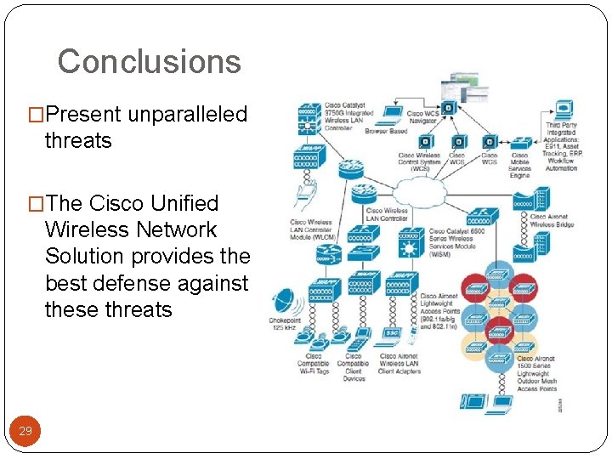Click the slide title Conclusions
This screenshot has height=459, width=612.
click(150, 61)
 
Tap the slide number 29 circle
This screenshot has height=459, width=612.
click(25, 431)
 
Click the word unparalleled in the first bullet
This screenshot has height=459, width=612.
click(188, 114)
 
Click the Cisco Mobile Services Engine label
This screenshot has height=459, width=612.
click(519, 165)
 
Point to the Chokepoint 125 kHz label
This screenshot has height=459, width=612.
click(285, 324)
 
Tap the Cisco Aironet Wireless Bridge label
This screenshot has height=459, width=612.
click(553, 220)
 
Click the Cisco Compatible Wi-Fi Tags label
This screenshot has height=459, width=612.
click(314, 363)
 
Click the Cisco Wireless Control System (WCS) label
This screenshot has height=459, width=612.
click(419, 161)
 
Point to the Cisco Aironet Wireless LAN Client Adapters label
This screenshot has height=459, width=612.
click(399, 363)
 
